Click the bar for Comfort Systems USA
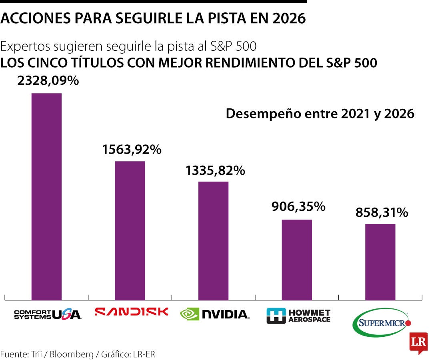point(46,196)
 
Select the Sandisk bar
point(130,230)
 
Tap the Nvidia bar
point(213,240)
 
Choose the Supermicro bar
point(380,262)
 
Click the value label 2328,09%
point(48,81)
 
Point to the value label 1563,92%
point(132,150)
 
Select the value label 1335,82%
point(215,170)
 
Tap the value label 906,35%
point(298,206)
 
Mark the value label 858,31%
point(382,212)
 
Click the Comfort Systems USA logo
point(48,314)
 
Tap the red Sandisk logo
point(132,312)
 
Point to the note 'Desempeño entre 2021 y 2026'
point(320,114)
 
